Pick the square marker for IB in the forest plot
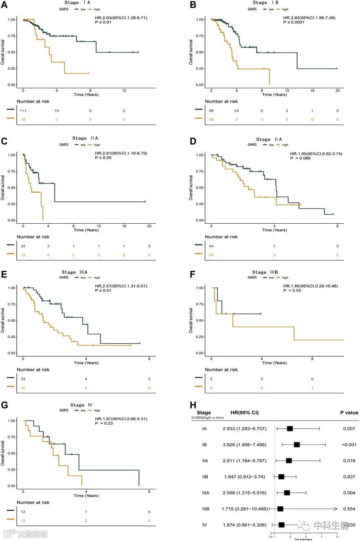coord(297,444)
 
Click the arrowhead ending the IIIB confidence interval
coord(336,509)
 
